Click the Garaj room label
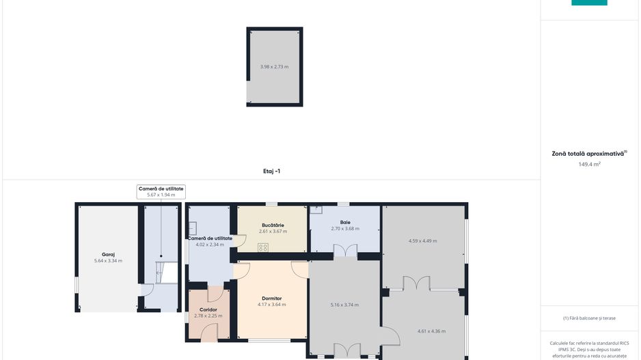point(108,254)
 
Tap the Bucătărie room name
point(273,225)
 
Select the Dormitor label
point(272,299)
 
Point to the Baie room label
point(345,222)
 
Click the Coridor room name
point(208,309)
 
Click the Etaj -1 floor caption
point(271,171)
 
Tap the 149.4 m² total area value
point(589,164)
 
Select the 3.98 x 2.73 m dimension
point(274,67)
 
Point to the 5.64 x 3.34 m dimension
point(108,261)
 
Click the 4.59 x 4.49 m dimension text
point(423,241)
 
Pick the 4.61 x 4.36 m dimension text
point(431,331)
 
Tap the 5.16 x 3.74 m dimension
point(344,305)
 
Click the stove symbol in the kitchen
point(263,247)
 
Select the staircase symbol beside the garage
point(166,273)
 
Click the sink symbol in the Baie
point(316,210)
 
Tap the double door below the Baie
point(345,251)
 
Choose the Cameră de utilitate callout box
point(161,192)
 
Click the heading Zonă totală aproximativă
point(589,154)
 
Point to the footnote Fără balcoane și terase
point(589,318)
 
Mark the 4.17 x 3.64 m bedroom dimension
point(272,305)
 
